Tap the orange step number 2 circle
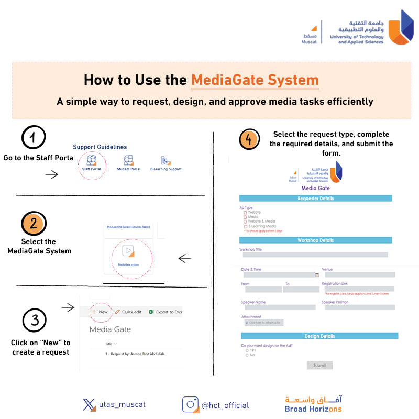click(34, 224)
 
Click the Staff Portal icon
click(91, 160)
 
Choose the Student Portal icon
click(128, 160)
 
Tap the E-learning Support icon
click(165, 160)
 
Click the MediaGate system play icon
click(128, 250)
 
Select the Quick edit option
click(128, 312)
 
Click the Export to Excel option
click(165, 312)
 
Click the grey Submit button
click(319, 365)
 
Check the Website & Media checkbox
click(245, 222)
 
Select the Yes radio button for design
click(247, 350)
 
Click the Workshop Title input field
click(314, 255)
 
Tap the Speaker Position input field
click(359, 307)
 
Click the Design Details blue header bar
click(319, 336)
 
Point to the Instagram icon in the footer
click(190, 405)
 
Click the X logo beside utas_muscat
click(89, 405)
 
